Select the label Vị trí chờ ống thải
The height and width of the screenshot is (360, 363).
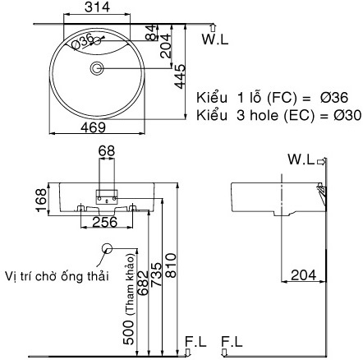point(55,275)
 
